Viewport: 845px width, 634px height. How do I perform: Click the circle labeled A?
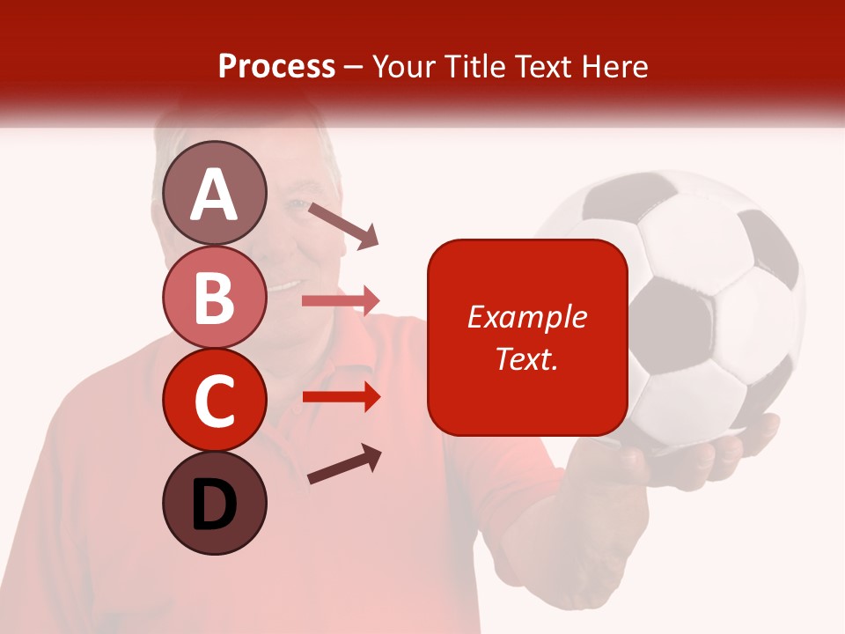pos(215,193)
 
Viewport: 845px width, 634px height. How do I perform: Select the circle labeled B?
pos(215,297)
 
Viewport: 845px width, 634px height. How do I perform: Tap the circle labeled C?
pos(215,400)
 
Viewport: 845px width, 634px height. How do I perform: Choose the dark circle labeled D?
pos(215,503)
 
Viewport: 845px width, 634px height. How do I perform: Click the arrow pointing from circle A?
pos(343,225)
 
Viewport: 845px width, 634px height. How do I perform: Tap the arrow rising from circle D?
pos(345,464)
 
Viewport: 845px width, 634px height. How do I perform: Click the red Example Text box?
pos(527,337)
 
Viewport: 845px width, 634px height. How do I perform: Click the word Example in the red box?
pos(526,317)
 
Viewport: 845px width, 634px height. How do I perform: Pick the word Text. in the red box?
pos(526,358)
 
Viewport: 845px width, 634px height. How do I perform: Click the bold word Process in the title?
pos(276,66)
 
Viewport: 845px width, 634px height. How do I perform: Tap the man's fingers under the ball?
pos(704,458)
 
